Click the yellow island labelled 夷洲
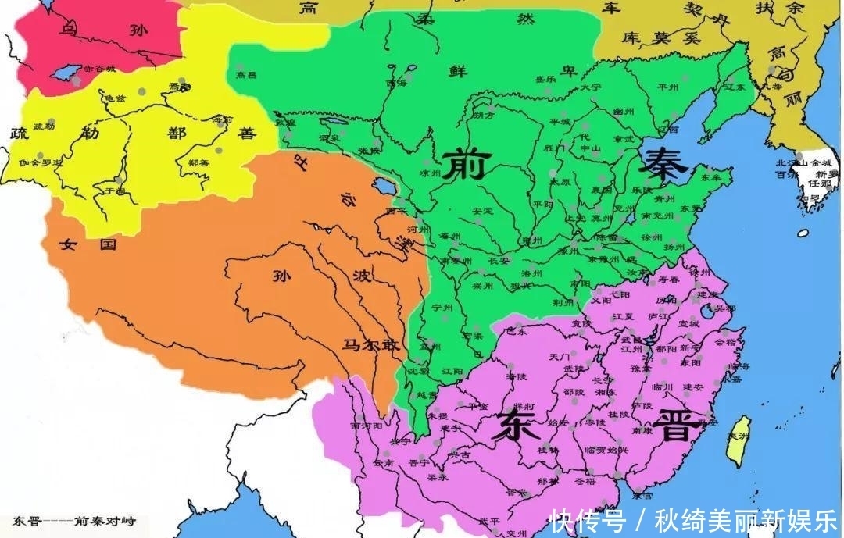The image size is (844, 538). (738, 441)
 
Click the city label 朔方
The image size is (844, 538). (484, 116)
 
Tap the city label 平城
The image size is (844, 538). (560, 122)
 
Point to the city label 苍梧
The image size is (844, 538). (584, 482)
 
